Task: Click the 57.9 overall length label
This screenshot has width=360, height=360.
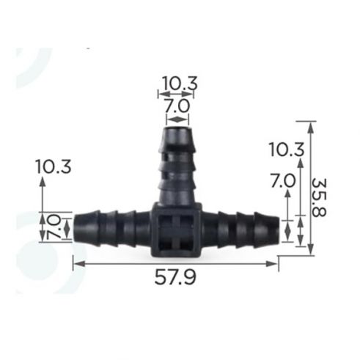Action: pos(175,278)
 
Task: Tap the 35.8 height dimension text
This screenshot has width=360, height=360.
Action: pos(319,197)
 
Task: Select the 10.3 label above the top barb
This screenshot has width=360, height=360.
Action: pos(180,84)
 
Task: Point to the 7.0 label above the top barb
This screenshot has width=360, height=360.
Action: pos(177,106)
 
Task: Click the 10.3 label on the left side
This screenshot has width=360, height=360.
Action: pos(54,166)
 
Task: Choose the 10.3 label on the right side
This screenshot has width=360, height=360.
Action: pos(287,150)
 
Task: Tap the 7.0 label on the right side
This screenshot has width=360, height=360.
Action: pos(283,181)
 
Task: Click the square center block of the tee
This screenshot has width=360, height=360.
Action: pos(176,230)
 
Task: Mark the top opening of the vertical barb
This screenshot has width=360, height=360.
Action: pos(177,128)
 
